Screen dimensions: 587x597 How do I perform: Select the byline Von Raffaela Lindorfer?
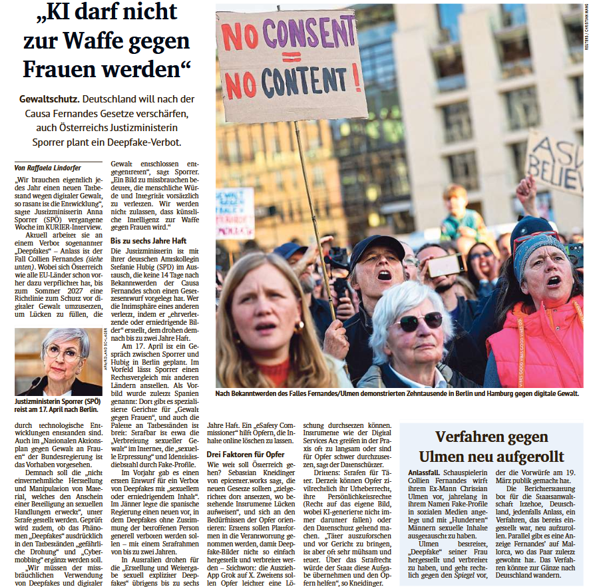tap(49, 168)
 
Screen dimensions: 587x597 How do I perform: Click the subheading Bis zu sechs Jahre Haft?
tap(149, 240)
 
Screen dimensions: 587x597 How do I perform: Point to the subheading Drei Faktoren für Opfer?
tap(246, 454)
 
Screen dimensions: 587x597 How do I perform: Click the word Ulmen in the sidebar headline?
tap(445, 457)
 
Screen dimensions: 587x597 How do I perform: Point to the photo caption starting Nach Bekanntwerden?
tap(397, 394)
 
